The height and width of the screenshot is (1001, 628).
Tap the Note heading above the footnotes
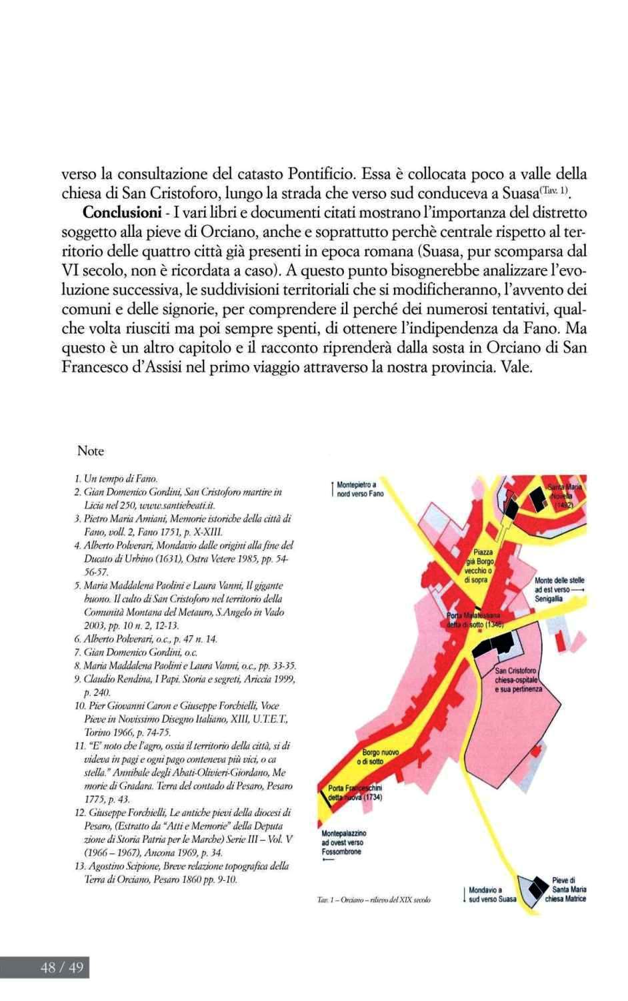(91, 451)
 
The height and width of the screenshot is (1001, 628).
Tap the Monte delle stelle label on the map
(559, 590)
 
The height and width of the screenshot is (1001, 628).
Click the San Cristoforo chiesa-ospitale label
(519, 679)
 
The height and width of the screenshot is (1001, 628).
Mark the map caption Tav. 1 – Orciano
(374, 900)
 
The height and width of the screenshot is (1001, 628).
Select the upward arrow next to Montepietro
(332, 488)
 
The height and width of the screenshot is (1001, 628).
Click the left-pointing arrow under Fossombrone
(329, 860)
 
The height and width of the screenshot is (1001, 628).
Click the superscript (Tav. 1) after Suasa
(558, 192)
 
